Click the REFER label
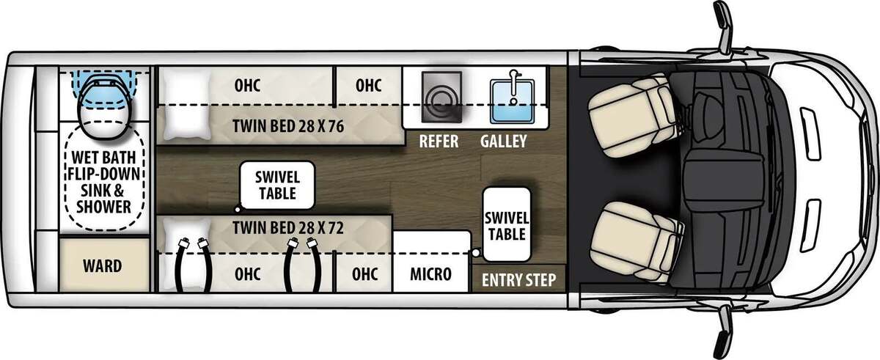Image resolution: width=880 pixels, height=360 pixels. (x=439, y=142)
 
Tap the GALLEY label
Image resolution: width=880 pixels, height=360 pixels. (x=503, y=142)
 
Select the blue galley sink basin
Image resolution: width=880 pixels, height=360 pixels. (x=513, y=101)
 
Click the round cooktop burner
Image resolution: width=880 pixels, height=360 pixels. (x=441, y=101)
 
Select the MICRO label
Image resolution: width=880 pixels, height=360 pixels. (x=431, y=274)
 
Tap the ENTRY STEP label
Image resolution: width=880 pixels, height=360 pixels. (x=518, y=280)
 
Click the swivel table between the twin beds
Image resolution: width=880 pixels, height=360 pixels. (x=277, y=185)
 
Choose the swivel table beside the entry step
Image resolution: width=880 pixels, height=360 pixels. (x=507, y=224)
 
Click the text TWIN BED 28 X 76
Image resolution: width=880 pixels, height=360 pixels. (x=288, y=126)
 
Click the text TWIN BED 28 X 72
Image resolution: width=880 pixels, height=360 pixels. (x=288, y=228)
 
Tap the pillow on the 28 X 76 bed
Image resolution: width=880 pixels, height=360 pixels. (x=187, y=105)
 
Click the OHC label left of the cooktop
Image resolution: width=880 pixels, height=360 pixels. (x=368, y=86)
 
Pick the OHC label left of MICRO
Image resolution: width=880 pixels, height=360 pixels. (x=364, y=274)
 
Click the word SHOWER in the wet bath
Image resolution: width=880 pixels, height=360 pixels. (x=103, y=207)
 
